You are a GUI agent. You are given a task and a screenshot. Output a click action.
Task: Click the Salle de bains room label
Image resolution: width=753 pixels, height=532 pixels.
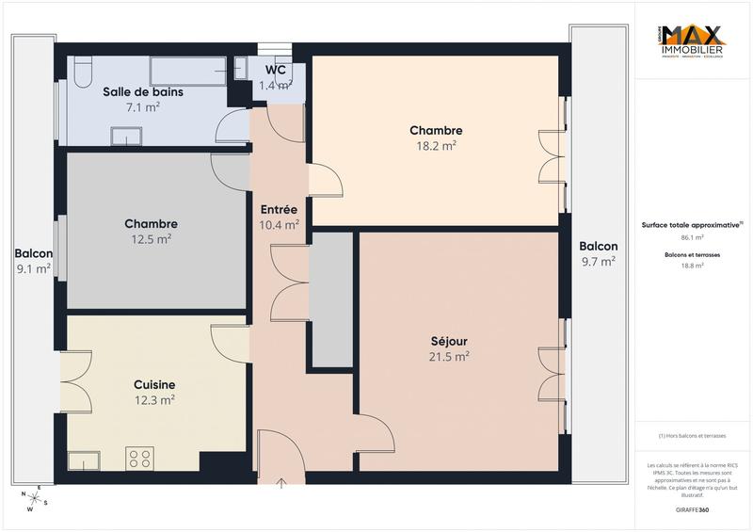coord(143,92)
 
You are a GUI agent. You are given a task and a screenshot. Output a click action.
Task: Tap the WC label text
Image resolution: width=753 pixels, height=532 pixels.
coord(276,70)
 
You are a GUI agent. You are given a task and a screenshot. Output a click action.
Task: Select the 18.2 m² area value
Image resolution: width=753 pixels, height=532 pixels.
coord(436,146)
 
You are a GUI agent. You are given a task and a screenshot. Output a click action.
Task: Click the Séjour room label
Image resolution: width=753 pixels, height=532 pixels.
coord(449,340)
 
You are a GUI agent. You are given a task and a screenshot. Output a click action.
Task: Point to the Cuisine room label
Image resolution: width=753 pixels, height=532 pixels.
coord(154,384)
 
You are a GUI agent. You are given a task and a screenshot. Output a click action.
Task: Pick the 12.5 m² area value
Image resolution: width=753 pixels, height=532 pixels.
coord(151,239)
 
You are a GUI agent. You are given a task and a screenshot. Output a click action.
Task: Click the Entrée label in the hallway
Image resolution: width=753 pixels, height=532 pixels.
coord(279,209)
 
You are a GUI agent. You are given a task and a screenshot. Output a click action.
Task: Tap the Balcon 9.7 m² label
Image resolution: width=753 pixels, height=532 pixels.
coord(599,254)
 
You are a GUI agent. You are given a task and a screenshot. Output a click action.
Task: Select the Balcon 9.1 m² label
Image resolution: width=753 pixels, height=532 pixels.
coord(33,261)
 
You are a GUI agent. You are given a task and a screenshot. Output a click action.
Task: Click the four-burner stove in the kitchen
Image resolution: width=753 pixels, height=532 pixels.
coord(140,459)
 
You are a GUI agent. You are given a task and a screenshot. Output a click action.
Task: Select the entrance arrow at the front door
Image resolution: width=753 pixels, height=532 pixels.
coord(281,485)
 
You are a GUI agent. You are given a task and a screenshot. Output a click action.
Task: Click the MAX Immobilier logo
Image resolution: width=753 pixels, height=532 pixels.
coord(693,43)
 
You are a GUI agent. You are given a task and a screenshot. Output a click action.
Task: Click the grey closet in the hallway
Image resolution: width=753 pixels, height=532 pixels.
coord(331,299)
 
